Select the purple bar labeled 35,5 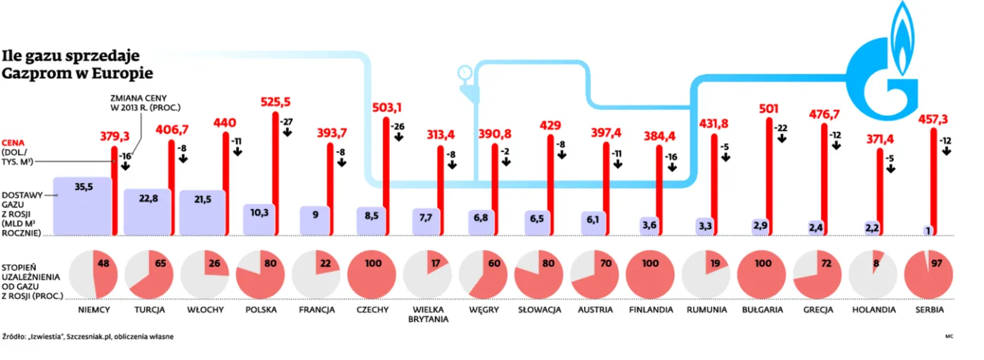point(82,205)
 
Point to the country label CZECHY point(373,309)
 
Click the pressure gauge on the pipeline point(465,72)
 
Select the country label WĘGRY point(484,309)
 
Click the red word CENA point(15,142)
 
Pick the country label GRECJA point(819,309)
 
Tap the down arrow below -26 point(398,137)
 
